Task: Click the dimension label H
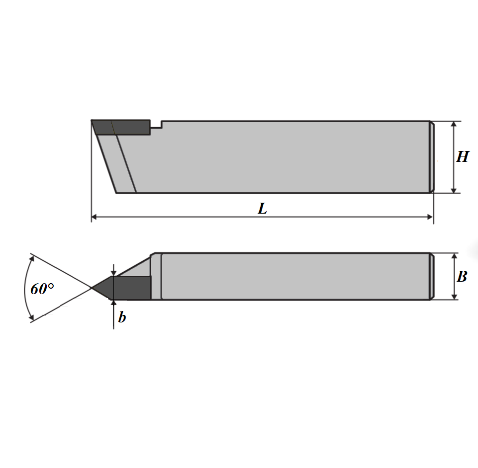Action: [x=463, y=157]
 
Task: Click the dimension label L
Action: [x=263, y=209]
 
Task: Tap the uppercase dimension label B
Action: [x=462, y=276]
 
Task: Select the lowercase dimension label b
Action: [x=122, y=317]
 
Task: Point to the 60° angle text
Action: [x=42, y=289]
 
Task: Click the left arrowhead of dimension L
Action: [x=94, y=217]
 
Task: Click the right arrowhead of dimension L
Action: [x=430, y=217]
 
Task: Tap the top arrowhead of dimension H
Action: [x=454, y=124]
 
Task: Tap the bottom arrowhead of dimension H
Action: [x=454, y=190]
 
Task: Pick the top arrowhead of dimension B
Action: [x=455, y=256]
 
